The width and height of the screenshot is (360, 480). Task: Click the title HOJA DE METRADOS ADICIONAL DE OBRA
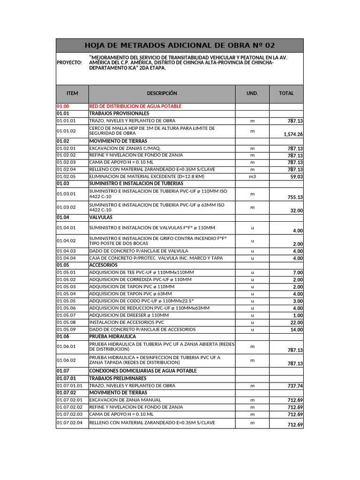[x=180, y=45]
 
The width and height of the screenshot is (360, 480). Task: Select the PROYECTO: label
[x=69, y=62]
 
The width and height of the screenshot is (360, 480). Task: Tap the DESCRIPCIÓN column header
[x=162, y=93]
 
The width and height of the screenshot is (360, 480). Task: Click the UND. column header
[x=252, y=93]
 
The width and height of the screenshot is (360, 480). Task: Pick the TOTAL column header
[x=286, y=93]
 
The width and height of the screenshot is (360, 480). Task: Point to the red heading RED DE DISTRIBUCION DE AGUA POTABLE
[x=135, y=106]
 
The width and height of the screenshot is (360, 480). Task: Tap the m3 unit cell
[x=252, y=176]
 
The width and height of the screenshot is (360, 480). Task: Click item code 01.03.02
[x=66, y=207]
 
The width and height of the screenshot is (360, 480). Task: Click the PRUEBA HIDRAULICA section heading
[x=112, y=337]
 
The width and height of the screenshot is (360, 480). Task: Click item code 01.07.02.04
[x=69, y=423]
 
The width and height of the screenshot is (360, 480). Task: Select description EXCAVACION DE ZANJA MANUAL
[x=125, y=400]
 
